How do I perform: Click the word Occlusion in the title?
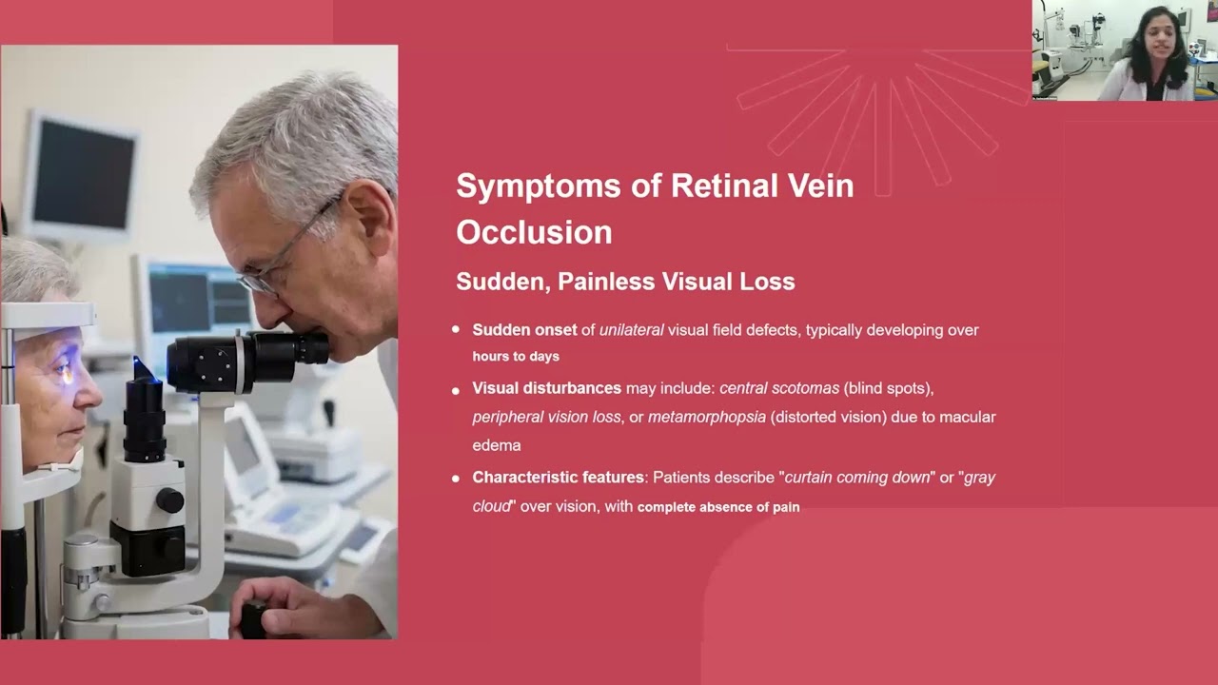tap(534, 232)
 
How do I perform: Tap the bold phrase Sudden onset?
tap(524, 330)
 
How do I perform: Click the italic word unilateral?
tap(631, 330)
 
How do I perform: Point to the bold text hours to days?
tap(516, 357)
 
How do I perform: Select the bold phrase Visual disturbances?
tap(546, 388)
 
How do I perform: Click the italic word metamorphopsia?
tap(706, 417)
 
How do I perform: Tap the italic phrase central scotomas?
tap(779, 388)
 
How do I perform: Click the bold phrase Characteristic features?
tap(559, 477)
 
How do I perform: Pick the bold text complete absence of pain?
tap(717, 507)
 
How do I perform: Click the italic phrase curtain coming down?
tap(856, 477)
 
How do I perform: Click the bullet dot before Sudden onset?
tap(456, 329)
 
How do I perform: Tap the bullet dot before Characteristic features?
tap(456, 477)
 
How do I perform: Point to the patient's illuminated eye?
tap(65, 372)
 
